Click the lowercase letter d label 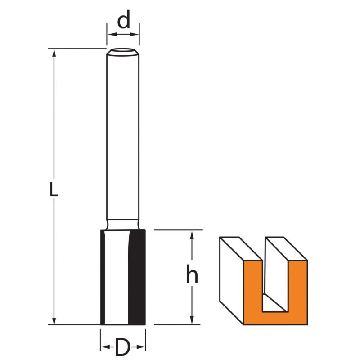(123, 20)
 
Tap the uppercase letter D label (122, 346)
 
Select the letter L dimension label (54, 188)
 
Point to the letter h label (192, 274)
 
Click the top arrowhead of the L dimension (54, 53)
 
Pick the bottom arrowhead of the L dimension (54, 320)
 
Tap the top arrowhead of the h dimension (193, 234)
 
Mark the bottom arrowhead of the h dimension (193, 320)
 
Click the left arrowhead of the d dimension (112, 35)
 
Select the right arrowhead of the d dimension (134, 35)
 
